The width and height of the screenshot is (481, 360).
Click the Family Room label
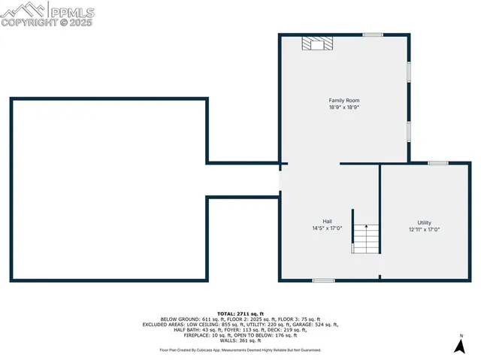(344, 100)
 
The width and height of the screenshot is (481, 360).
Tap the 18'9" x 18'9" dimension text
(344, 107)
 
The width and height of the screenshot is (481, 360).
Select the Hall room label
(328, 221)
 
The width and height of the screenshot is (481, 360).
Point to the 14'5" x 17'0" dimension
(328, 228)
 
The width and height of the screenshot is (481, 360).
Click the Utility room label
(425, 222)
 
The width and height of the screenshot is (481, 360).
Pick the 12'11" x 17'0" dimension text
(425, 229)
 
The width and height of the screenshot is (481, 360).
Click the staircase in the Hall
(365, 240)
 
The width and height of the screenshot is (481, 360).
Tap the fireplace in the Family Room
(316, 44)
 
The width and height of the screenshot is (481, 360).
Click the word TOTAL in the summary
(227, 313)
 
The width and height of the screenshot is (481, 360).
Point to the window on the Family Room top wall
(373, 35)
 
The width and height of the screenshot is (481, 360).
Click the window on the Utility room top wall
(438, 163)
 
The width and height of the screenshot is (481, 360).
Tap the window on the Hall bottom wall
(324, 280)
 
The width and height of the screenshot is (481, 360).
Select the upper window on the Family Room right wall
(410, 72)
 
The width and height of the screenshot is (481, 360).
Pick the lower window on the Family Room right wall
(410, 131)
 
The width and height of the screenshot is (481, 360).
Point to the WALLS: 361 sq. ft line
(240, 340)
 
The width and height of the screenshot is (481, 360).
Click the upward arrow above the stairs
(365, 225)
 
